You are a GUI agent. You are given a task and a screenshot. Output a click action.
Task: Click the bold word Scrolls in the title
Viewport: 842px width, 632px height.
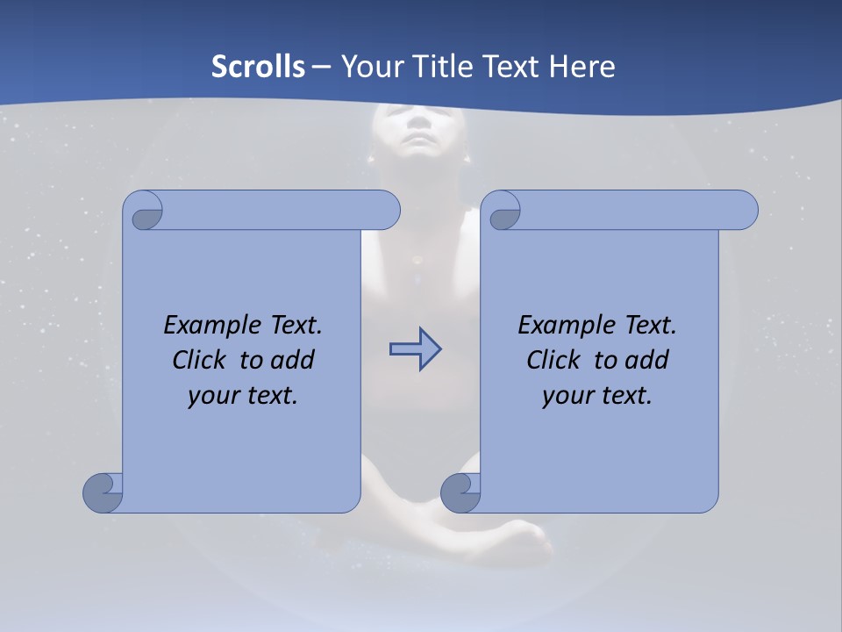[259, 67]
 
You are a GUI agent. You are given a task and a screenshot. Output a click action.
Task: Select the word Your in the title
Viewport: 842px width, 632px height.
[369, 67]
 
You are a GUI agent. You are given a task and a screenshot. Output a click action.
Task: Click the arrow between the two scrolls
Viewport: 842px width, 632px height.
[415, 349]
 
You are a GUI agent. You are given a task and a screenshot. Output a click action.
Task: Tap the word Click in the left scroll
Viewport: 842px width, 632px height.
[203, 360]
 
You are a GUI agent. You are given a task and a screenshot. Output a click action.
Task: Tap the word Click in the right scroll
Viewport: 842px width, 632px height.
[558, 360]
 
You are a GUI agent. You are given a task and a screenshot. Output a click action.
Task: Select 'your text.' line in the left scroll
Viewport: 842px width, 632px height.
[243, 395]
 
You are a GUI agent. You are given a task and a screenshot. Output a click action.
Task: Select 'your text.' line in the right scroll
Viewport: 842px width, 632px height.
[597, 395]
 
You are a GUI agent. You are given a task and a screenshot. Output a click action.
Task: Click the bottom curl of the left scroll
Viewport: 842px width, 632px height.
[103, 492]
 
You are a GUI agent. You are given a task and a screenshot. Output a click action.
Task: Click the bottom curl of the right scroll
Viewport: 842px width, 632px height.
[460, 492]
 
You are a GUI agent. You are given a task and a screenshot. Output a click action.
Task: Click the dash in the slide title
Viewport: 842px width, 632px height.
[321, 67]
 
